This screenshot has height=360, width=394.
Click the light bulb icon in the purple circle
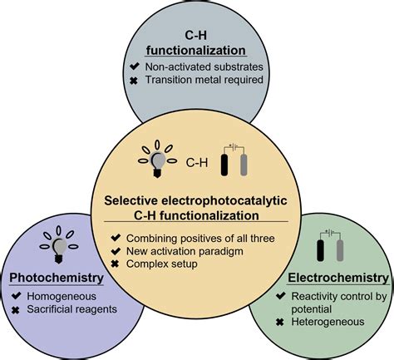pos(59,244)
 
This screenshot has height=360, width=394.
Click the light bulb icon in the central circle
pos(155,160)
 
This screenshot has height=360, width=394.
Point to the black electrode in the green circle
pos(321,249)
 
